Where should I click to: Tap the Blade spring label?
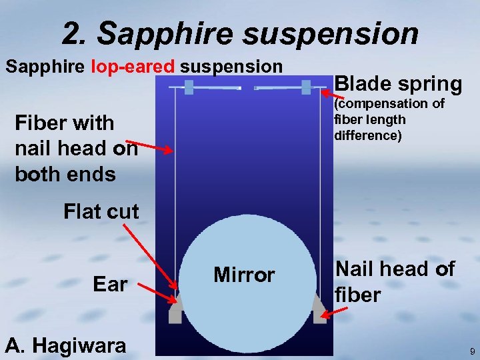tap(398, 84)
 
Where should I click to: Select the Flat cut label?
tap(101, 212)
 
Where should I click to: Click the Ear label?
tap(110, 284)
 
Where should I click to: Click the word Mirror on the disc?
tap(244, 275)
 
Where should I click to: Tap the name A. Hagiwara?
tap(65, 345)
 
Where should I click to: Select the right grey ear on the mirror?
tap(319, 310)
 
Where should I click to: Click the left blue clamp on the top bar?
tap(189, 87)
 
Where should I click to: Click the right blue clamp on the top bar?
tap(306, 87)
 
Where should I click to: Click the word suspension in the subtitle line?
tap(231, 67)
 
